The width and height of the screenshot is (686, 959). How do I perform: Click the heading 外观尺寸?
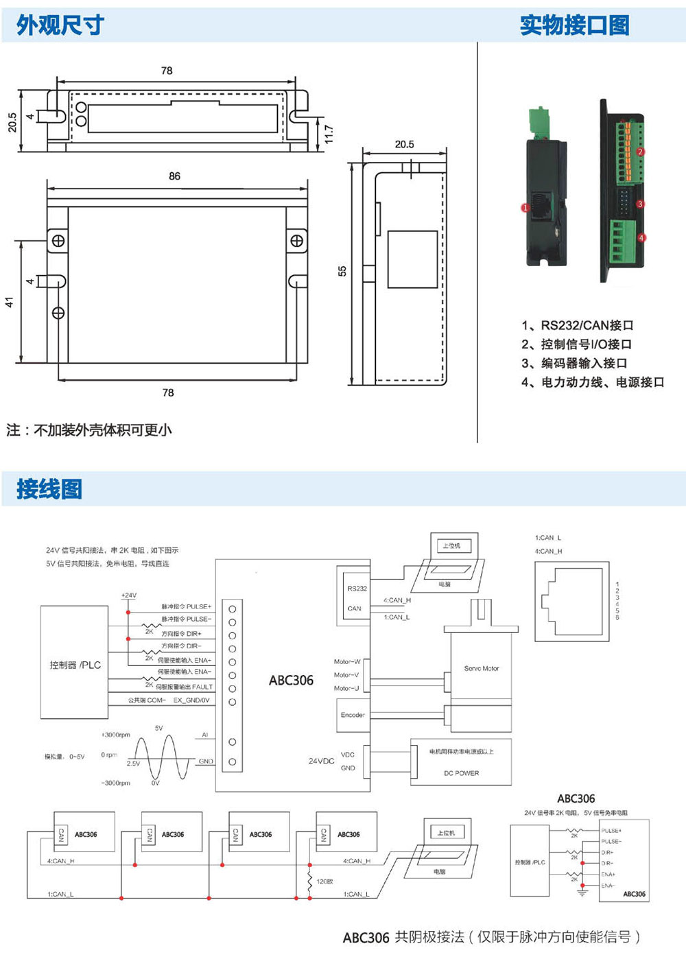(60, 25)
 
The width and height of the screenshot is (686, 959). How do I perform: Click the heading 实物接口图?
(574, 25)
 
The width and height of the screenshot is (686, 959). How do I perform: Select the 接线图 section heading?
(49, 489)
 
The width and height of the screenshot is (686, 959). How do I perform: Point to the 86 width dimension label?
(175, 176)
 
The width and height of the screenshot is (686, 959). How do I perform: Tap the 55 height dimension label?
(342, 271)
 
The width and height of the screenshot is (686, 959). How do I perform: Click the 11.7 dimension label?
(329, 134)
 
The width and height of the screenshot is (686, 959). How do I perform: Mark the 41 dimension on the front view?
(10, 302)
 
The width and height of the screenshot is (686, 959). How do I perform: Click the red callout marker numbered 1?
(525, 207)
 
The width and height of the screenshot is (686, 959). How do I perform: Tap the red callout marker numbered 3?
(640, 204)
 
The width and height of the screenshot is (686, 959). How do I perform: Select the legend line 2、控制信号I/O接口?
(576, 344)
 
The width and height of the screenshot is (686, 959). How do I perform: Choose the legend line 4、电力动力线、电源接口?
(593, 382)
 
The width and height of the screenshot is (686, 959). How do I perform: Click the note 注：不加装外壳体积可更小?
(89, 430)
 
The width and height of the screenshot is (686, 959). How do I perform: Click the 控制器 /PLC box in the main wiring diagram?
(75, 665)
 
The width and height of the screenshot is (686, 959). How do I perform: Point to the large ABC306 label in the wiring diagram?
(291, 680)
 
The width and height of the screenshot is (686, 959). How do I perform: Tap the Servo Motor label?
(482, 668)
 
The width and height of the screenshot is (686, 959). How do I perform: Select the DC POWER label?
(461, 773)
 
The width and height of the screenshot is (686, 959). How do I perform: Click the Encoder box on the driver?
(353, 715)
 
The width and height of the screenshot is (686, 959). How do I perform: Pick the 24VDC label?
(321, 761)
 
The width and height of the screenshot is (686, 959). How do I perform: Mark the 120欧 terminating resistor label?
(324, 881)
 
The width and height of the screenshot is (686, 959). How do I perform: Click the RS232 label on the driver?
(357, 589)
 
